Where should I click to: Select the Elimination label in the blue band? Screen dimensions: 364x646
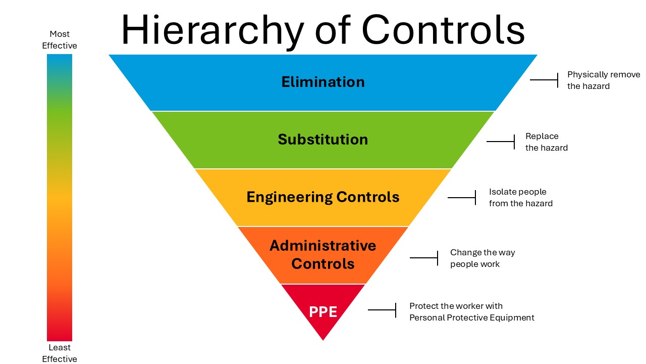coord(323,82)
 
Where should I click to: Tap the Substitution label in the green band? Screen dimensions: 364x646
coord(323,140)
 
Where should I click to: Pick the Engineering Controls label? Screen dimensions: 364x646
coord(323,197)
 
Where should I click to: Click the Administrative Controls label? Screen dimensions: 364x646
coord(323,255)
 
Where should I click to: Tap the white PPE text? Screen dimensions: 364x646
coord(323,312)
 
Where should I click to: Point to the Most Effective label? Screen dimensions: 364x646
coord(60,40)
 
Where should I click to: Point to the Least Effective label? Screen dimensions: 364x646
coord(60,353)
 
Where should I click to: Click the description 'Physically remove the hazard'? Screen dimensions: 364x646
coord(603,80)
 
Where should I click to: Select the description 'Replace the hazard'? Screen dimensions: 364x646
coord(546,142)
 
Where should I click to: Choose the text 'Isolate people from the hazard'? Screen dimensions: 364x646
coord(520,198)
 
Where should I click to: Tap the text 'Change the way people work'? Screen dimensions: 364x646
coord(482,258)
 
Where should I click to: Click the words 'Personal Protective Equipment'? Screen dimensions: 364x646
coord(471,318)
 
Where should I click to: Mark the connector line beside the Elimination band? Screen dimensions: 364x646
coord(544,80)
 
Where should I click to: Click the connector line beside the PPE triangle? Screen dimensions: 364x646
coord(382,309)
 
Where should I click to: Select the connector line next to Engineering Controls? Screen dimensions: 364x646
coord(461,197)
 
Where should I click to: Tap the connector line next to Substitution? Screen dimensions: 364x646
coord(500,142)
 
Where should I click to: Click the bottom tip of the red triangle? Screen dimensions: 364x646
coord(323,339)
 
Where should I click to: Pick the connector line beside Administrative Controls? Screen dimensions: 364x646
coord(423,258)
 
